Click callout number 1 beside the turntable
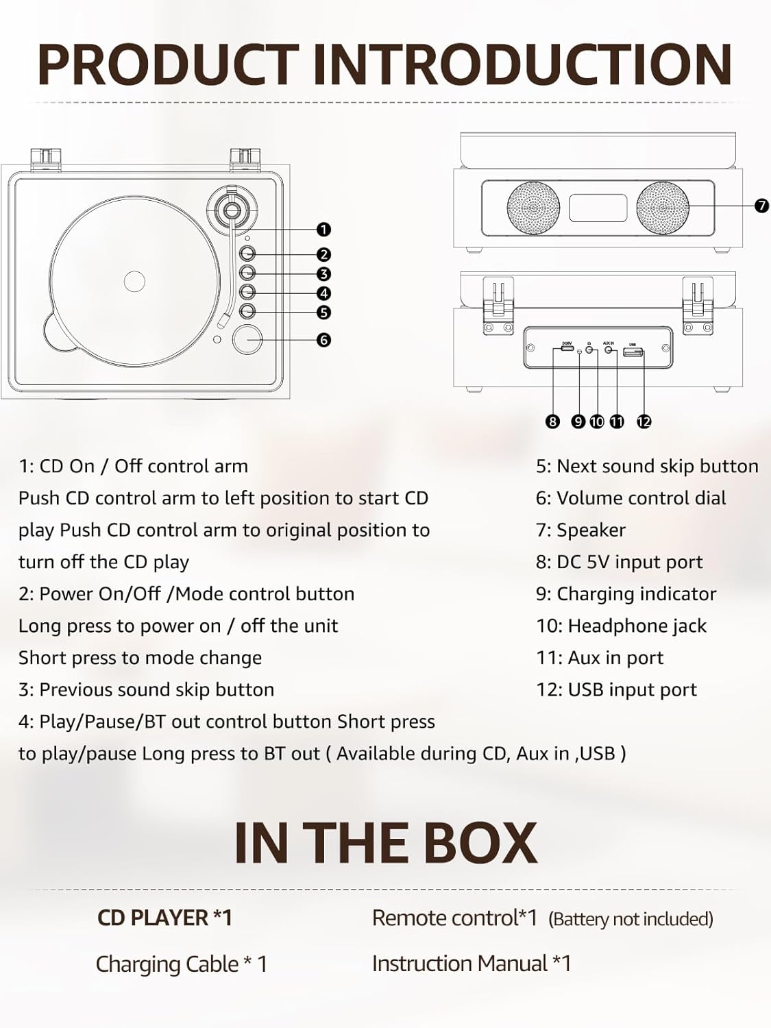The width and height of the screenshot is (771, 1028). [x=323, y=230]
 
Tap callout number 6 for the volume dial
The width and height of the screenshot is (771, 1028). [x=323, y=340]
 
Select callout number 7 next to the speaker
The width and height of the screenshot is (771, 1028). [x=761, y=206]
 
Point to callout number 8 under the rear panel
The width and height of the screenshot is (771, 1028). [x=553, y=421]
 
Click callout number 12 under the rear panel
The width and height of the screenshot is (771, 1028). [x=644, y=421]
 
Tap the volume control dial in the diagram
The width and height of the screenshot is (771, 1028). [x=247, y=340]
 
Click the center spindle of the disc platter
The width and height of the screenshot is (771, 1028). [x=134, y=280]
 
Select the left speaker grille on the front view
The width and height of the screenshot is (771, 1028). [x=533, y=208]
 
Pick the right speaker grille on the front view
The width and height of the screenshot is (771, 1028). [x=663, y=208]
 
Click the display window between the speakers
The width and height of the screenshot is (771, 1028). [x=598, y=208]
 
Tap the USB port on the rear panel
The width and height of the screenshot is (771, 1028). [x=633, y=352]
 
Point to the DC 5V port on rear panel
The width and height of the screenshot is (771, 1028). [x=567, y=350]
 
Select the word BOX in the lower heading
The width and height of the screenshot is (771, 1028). [x=480, y=843]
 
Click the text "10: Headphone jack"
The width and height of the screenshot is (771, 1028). [x=621, y=626]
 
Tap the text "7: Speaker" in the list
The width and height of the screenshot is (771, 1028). [x=580, y=530]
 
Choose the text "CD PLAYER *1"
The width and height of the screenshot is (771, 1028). [x=164, y=918]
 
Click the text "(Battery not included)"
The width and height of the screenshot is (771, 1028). [x=631, y=919]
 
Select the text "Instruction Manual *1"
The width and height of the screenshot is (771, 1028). [x=471, y=964]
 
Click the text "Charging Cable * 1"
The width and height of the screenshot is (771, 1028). [x=181, y=964]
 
